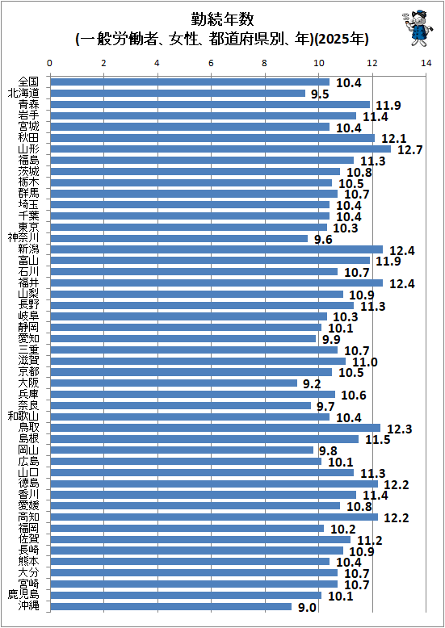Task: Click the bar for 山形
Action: (x=220, y=149)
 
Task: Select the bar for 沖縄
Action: (x=170, y=606)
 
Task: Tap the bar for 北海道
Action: (x=178, y=94)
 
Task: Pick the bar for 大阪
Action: (x=174, y=383)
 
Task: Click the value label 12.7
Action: (x=409, y=150)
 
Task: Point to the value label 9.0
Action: (x=307, y=608)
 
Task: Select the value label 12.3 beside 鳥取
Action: (x=400, y=429)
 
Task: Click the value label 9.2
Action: (x=312, y=384)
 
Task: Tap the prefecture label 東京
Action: (x=29, y=227)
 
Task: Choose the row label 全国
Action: (x=29, y=82)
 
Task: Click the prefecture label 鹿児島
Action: (x=23, y=595)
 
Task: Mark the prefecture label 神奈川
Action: (x=23, y=238)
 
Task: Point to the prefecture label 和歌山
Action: (x=23, y=417)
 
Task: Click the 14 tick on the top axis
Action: (x=426, y=63)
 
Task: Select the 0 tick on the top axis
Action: (x=50, y=63)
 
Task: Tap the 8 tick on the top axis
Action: (x=265, y=63)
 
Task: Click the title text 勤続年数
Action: (x=222, y=19)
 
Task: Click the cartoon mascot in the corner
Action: (x=418, y=28)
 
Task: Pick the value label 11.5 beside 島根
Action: (x=378, y=440)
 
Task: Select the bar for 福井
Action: (x=216, y=283)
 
